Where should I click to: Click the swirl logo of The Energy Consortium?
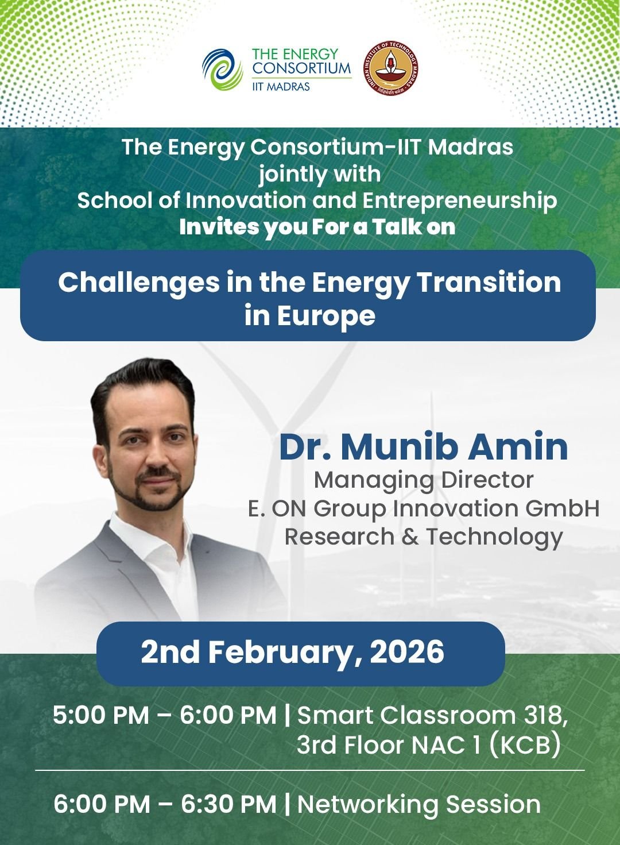222,70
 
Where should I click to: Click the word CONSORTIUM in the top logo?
301,68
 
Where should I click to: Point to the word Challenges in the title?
139,283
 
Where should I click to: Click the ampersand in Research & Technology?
410,537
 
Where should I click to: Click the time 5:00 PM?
101,715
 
